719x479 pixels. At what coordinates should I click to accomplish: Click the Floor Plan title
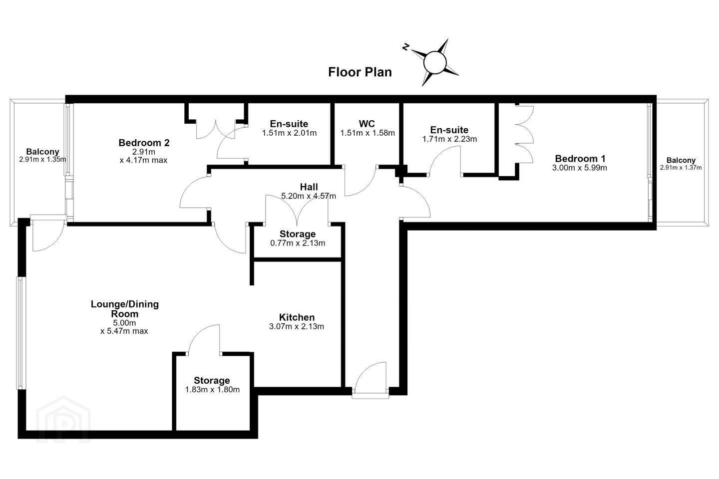click(360, 72)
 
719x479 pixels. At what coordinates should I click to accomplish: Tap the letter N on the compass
click(406, 47)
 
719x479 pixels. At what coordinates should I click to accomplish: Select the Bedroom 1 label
click(580, 159)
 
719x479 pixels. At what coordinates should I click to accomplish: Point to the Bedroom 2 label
click(144, 143)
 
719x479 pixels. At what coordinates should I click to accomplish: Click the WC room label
click(367, 124)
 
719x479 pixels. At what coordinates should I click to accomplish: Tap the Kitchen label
click(297, 317)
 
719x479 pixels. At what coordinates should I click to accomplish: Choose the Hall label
click(309, 187)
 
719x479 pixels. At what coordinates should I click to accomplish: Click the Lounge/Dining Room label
click(124, 309)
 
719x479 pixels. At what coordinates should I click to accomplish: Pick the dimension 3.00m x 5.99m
click(579, 168)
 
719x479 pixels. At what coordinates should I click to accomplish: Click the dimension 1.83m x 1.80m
click(212, 390)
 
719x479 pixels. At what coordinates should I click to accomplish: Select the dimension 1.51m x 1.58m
click(367, 133)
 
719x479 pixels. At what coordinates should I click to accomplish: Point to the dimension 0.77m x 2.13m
click(298, 243)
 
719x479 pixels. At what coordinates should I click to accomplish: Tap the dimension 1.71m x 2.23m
click(449, 139)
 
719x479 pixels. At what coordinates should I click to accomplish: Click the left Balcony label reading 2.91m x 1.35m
click(42, 155)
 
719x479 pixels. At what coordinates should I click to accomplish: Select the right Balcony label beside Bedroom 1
click(681, 164)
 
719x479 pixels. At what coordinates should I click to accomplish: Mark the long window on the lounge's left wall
click(20, 333)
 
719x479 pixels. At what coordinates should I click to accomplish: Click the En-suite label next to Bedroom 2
click(289, 124)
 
